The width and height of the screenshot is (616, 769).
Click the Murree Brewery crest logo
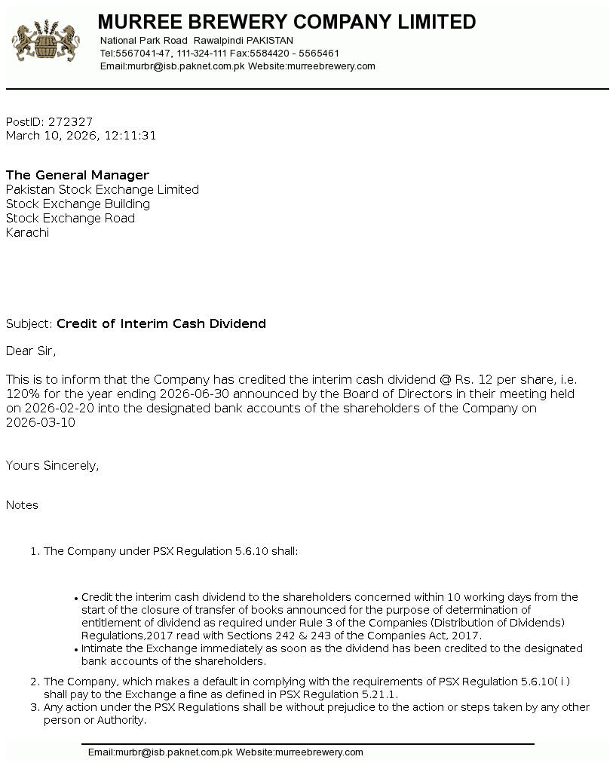coord(46,41)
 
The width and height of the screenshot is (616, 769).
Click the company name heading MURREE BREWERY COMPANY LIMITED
coord(287,22)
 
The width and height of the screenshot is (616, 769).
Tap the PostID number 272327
coord(70,121)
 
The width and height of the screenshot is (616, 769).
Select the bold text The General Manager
coord(78,175)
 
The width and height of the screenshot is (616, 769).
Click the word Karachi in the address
coord(27,232)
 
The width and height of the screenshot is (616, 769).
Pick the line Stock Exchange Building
coord(78,204)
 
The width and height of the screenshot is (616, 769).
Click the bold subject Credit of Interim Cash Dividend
coord(161,323)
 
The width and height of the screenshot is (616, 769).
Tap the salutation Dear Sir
coord(31,351)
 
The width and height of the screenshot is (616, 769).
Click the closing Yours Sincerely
coord(52,465)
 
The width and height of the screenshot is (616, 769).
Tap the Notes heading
coord(22,505)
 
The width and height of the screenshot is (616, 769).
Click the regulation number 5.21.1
coord(381,694)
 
